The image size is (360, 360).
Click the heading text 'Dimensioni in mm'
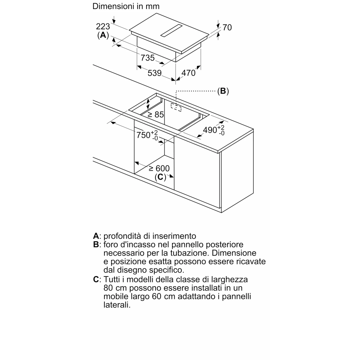pos(126,6)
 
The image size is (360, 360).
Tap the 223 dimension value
pos(103,26)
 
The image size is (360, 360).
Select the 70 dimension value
pos(227,27)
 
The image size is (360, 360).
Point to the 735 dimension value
pos(148,58)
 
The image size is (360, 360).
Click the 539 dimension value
pos(154,73)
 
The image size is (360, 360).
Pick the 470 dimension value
pos(188,73)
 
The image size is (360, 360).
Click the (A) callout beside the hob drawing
pos(103,35)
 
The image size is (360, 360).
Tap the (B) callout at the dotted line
pos(223,91)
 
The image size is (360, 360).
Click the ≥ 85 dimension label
pos(156,115)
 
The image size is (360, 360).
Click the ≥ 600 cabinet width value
pos(159,168)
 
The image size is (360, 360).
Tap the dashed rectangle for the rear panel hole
pos(176,107)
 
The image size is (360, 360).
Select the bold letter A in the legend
pos(96,236)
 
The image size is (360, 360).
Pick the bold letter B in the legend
pos(96,245)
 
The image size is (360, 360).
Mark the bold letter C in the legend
pos(96,279)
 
